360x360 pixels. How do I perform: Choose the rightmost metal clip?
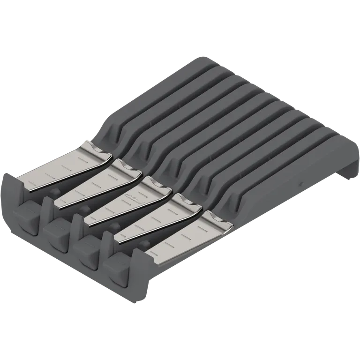187,237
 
